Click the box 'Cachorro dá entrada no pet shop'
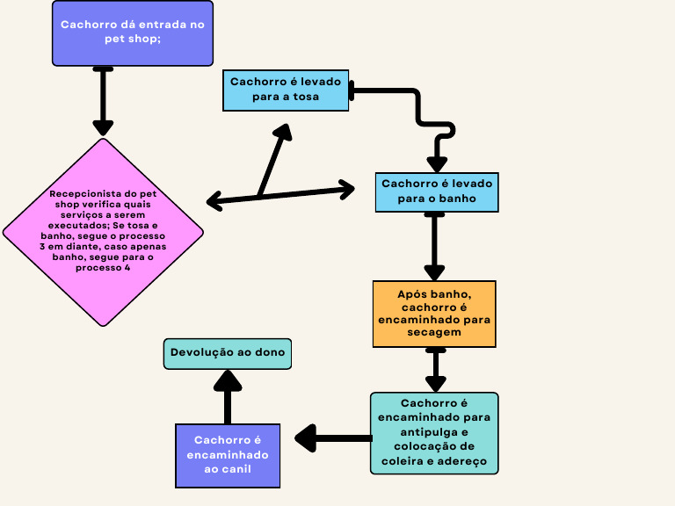[x=133, y=33]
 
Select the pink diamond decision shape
[x=103, y=232]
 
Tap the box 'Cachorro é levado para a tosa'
[x=286, y=90]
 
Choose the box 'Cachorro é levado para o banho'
[x=437, y=192]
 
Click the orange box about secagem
[x=433, y=314]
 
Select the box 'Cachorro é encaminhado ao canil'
[x=228, y=455]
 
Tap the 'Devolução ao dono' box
[x=228, y=352]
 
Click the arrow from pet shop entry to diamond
[x=104, y=101]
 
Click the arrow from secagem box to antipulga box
[x=435, y=369]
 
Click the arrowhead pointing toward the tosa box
[x=283, y=133]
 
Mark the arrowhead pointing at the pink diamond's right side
[x=214, y=202]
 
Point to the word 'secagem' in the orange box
[x=434, y=332]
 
